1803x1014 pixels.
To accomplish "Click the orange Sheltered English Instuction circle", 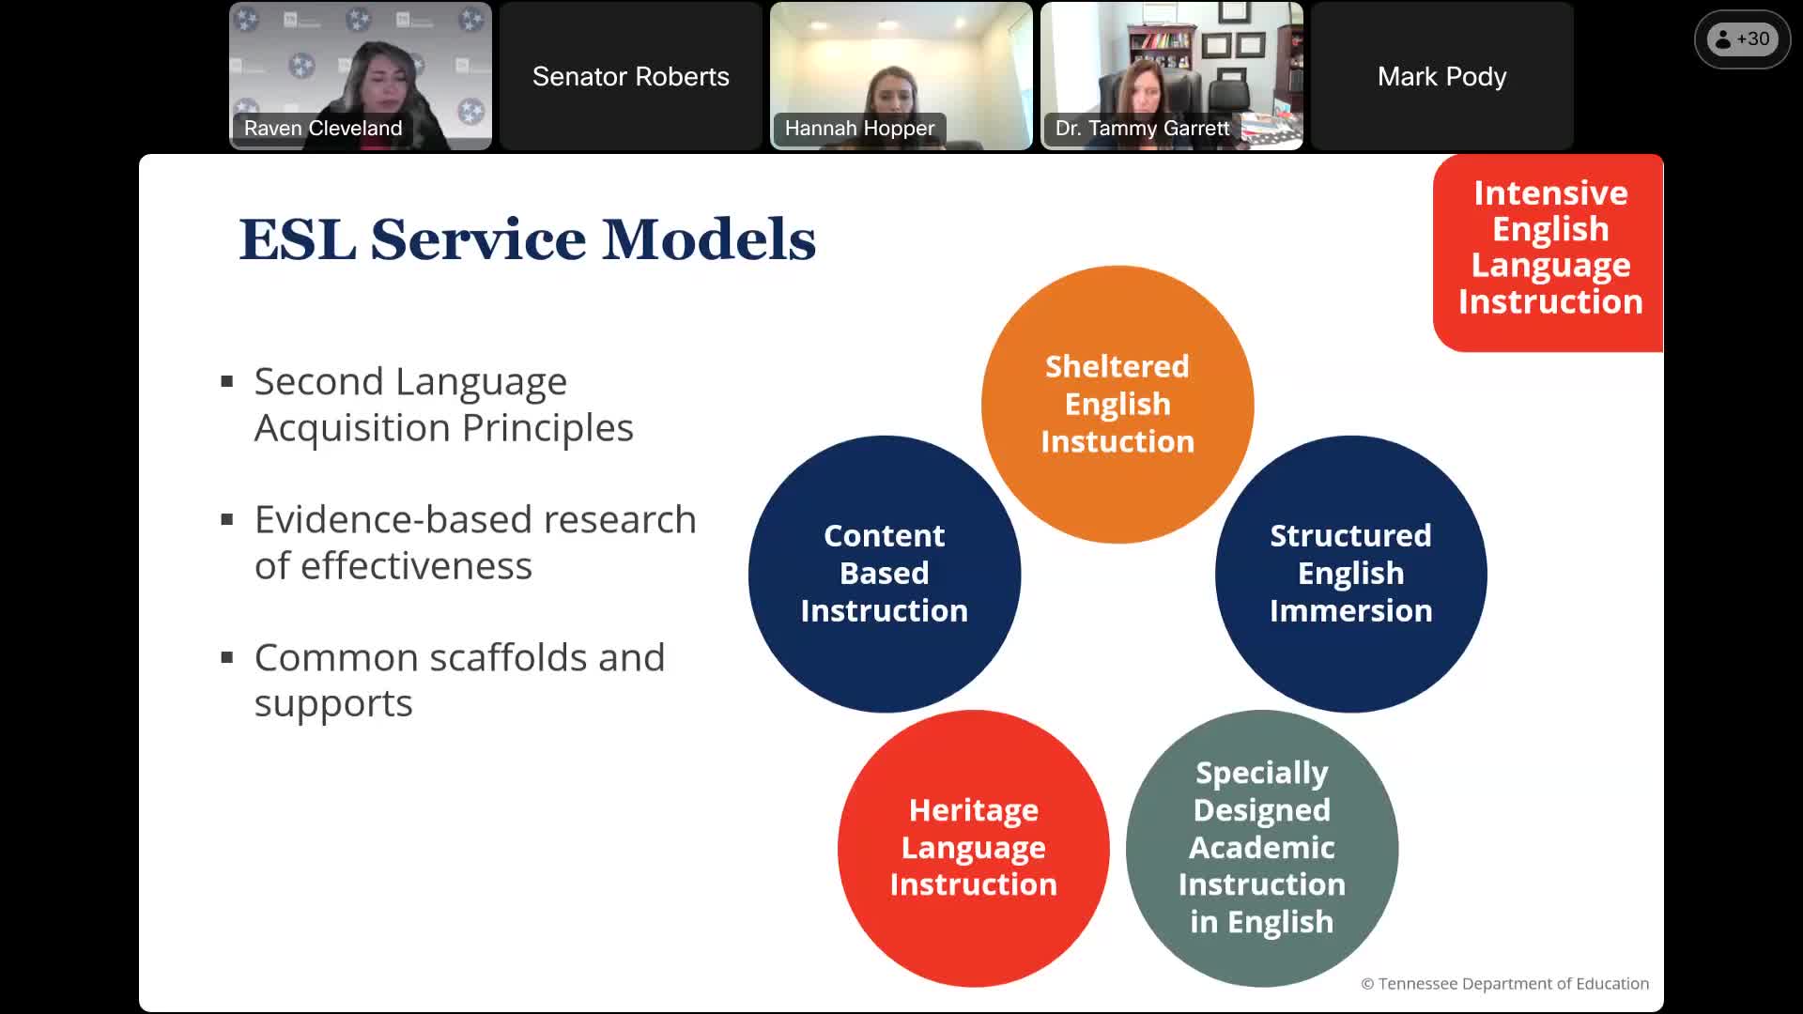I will click(1117, 404).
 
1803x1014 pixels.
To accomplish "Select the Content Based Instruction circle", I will click(884, 573).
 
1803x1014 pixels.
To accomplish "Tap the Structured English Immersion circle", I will click(1350, 573).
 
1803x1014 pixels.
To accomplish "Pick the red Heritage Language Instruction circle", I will click(973, 848).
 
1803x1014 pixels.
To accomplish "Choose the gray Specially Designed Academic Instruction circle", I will click(1261, 848).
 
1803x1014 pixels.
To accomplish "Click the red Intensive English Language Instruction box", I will click(1549, 249).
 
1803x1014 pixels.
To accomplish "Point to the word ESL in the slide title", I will click(297, 239).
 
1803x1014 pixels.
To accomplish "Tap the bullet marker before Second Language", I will click(226, 382).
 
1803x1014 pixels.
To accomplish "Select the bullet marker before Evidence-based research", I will click(226, 520).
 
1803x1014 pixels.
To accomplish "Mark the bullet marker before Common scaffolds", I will click(226, 658).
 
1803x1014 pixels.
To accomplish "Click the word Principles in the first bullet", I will click(547, 428).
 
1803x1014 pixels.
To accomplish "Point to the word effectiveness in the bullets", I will click(415, 566).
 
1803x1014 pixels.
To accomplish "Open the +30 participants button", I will click(1742, 39).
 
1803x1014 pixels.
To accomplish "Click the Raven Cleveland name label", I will click(323, 129).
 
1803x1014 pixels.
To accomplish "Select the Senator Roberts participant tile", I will click(631, 76).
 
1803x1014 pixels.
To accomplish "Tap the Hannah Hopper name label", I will click(859, 129).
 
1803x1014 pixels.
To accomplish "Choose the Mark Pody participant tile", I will click(1441, 76).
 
